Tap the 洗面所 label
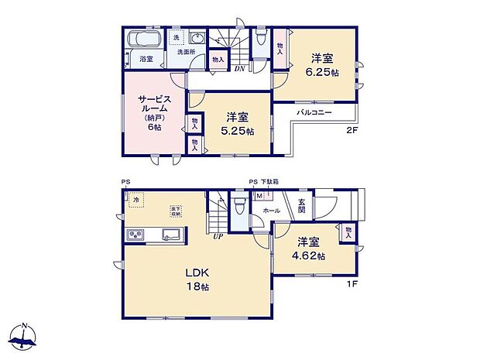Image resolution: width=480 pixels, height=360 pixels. [x=186, y=52]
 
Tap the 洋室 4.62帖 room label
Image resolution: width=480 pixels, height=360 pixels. [x=308, y=249]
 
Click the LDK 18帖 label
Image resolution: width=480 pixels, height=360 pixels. [x=196, y=279]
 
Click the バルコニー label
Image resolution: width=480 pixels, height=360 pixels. [x=314, y=113]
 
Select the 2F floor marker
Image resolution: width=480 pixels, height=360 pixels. [x=353, y=131]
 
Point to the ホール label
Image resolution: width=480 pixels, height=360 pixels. [x=272, y=210]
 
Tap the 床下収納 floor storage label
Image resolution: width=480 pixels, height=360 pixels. [x=176, y=211]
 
